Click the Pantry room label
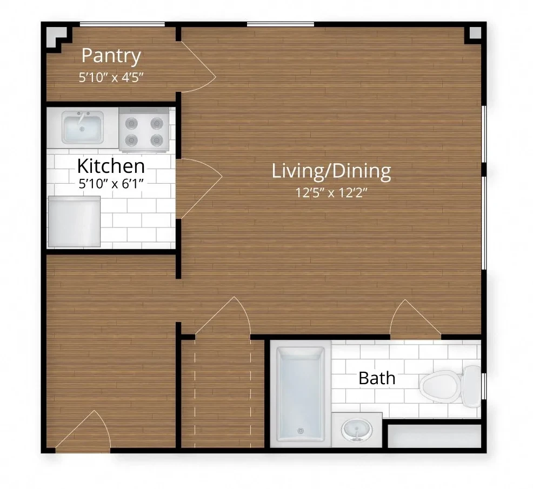coord(111,56)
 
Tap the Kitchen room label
coord(111,166)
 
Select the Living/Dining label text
coord(331,171)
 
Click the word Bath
coord(377,378)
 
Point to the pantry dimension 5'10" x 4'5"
coord(111,77)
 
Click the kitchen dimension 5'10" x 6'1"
coord(111,184)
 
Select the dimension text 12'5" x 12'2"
coord(331,193)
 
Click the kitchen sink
coord(83,127)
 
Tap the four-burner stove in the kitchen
coord(144,130)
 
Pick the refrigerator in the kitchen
coord(75,221)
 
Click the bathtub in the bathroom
coord(301,393)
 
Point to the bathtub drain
coord(301,431)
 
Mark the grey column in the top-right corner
coord(475,33)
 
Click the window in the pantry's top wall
coord(122,24)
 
